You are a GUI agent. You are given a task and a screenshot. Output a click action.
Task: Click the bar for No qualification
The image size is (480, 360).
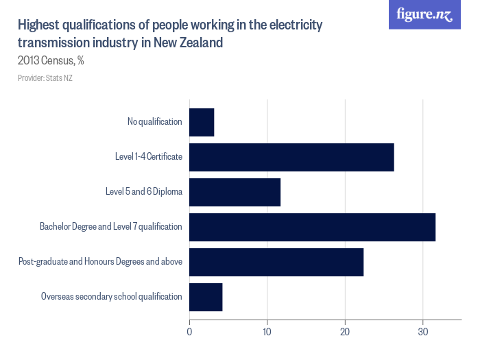point(202,122)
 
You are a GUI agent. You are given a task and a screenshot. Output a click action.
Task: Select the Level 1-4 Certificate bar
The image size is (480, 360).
point(291,157)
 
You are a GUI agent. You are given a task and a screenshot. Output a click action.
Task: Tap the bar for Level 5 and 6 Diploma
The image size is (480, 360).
point(235,192)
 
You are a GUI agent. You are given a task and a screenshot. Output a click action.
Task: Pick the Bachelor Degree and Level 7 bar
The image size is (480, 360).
point(312,227)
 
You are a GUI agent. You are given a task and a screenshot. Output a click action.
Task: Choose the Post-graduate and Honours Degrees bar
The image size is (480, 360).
point(276,262)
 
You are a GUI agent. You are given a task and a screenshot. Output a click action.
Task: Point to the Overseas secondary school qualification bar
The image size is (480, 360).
point(206,297)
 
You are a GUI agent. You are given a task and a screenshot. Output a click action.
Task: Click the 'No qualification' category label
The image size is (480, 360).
point(154,122)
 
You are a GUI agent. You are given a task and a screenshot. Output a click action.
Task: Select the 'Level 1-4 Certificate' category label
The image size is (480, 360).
point(148,157)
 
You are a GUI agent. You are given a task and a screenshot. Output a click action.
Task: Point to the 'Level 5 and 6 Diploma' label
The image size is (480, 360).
point(144,192)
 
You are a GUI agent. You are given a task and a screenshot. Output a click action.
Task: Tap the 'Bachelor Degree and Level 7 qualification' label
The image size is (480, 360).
point(111,227)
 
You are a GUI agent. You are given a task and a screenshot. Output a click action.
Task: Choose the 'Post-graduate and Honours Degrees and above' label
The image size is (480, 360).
point(100,262)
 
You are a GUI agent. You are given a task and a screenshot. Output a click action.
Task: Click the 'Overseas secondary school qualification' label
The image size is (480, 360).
point(112,297)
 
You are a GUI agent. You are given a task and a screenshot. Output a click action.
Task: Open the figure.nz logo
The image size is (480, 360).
point(424,14)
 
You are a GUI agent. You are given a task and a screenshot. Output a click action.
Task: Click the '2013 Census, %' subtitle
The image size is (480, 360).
point(51,60)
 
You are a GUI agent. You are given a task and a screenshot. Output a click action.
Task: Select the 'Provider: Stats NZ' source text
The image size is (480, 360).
point(45,78)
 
